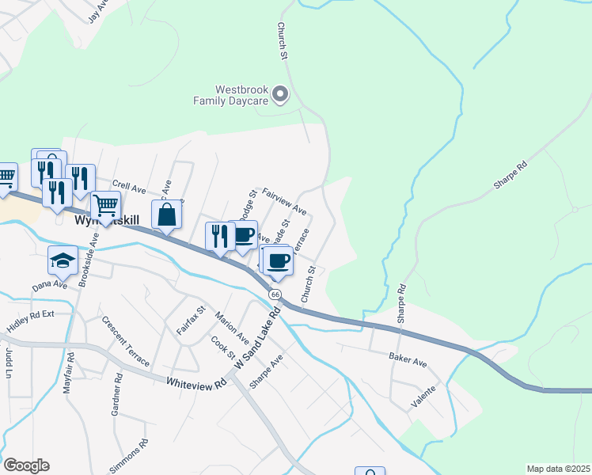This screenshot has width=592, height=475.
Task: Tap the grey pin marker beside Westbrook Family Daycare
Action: (279, 96)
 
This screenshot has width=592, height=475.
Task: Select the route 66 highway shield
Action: (275, 294)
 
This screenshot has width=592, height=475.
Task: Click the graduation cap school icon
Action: (63, 260)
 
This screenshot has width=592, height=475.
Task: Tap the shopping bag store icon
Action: (167, 215)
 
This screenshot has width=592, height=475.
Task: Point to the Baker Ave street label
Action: (408, 359)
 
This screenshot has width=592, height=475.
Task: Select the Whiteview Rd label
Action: (196, 382)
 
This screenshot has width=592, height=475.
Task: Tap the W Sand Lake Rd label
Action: (258, 337)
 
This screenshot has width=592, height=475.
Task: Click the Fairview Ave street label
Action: (284, 201)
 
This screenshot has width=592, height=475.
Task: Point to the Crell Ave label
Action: (129, 188)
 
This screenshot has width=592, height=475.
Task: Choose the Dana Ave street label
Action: (50, 284)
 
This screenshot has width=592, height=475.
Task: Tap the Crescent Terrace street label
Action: (125, 341)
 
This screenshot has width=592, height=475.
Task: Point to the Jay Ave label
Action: (97, 12)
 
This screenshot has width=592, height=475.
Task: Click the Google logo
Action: (26, 465)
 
